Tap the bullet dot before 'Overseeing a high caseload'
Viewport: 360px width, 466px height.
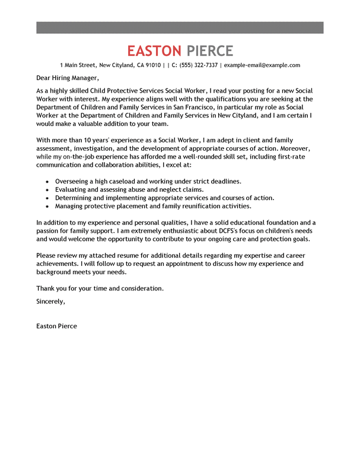click(x=47, y=181)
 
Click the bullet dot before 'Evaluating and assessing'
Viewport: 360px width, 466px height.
click(x=47, y=189)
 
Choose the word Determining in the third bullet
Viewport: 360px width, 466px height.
click(x=74, y=198)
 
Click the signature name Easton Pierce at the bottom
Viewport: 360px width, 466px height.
click(x=56, y=326)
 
